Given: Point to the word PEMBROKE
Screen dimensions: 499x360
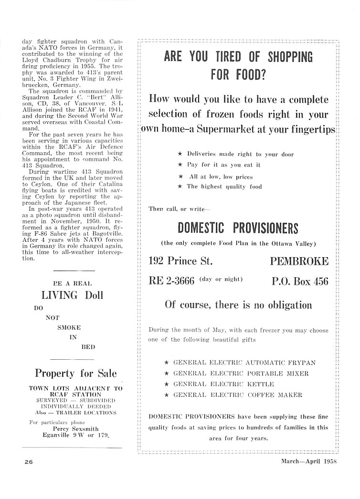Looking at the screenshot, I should [299, 261].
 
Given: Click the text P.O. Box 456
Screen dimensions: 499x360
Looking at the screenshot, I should [300, 281].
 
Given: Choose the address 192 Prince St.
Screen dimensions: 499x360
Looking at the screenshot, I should [180, 261].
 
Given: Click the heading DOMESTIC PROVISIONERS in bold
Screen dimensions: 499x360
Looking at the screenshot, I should [238, 228].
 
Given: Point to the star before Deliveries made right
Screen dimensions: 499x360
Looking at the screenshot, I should [180, 154].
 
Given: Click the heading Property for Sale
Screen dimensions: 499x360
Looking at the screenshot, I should [75, 373].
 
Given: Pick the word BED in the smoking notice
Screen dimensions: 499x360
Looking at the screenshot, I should [88, 346].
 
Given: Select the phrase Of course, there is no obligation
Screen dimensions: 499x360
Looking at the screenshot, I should [238, 305].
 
